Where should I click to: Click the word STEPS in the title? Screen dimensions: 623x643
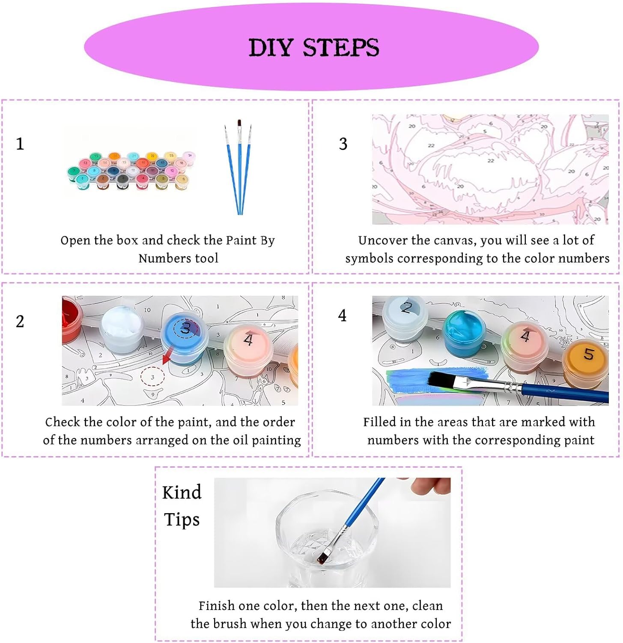[341, 47]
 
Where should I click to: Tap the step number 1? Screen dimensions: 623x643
[20, 144]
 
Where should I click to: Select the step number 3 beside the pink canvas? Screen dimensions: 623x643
[343, 144]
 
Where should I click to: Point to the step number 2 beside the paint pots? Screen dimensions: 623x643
[20, 321]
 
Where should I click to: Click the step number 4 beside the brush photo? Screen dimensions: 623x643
[342, 315]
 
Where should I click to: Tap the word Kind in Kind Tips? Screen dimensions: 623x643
[182, 493]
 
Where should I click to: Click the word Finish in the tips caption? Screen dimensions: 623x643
[217, 606]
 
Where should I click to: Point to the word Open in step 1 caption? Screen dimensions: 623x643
[75, 241]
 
